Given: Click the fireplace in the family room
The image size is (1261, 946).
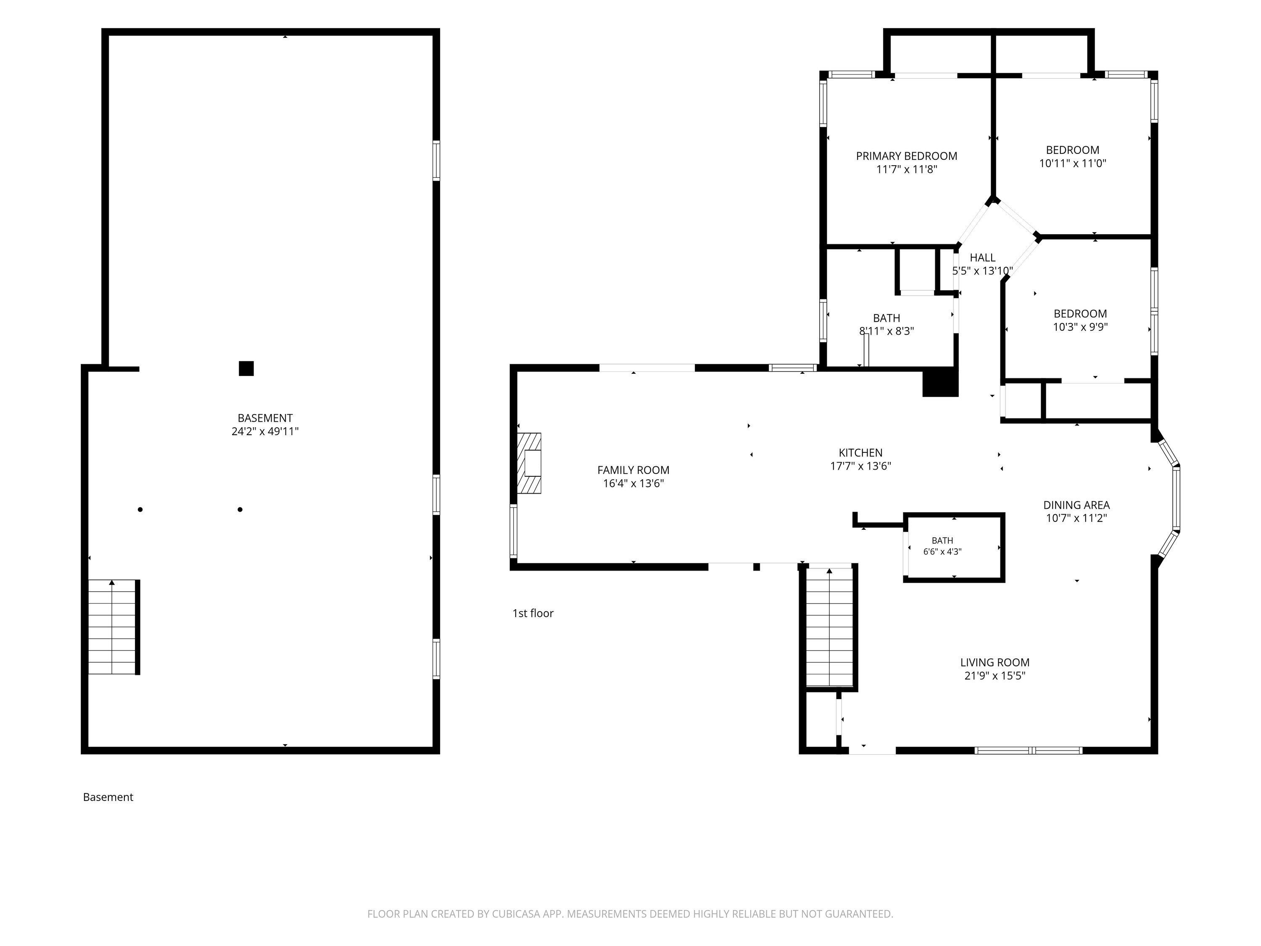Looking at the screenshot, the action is coord(529,463).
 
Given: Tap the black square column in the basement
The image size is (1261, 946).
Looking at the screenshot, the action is coord(246,368).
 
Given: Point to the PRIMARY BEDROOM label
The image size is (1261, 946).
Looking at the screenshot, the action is coord(906,156).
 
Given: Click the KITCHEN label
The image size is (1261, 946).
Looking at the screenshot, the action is coord(861,453).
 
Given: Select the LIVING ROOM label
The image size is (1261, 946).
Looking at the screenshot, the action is coord(995,662).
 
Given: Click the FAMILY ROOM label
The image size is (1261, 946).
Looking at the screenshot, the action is coord(633,470).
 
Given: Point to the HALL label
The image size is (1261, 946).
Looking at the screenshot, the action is coord(982,258).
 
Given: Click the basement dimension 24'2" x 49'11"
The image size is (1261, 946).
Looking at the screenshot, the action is coord(265,431).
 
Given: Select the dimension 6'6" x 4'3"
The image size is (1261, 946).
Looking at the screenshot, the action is coord(942,551).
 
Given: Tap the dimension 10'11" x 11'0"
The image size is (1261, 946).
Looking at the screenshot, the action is coord(1073,163).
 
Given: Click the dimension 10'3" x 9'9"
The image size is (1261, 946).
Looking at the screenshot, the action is coord(1080,327).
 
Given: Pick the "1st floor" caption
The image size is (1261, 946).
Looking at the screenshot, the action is coord(533,613).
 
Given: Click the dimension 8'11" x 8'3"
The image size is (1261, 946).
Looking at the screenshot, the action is coord(886,331).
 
